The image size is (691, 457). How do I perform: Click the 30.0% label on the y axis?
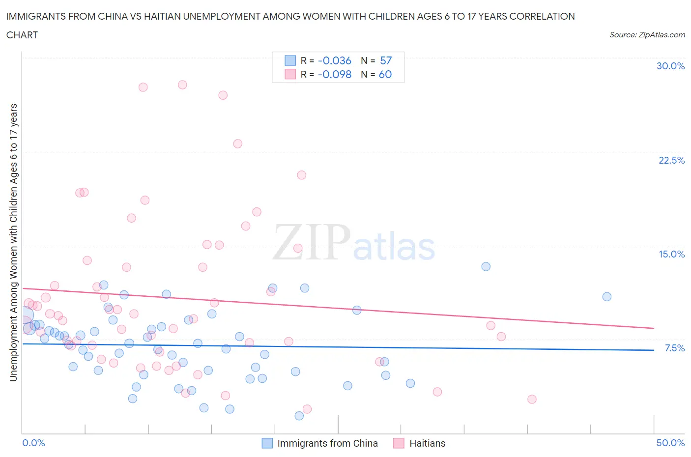[x=670, y=66]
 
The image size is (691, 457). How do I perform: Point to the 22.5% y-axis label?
[x=671, y=160]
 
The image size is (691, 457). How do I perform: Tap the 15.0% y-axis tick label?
[x=671, y=254]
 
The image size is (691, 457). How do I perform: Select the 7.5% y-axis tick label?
[x=674, y=348]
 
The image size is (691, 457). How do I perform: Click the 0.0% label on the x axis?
[x=33, y=443]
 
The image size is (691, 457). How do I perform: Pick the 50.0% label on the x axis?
[x=670, y=443]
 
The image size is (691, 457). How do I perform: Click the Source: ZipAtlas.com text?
[x=647, y=34]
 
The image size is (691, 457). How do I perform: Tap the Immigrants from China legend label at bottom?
[x=327, y=443]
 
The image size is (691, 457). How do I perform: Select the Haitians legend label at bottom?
[x=427, y=443]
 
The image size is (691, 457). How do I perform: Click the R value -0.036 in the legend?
[x=334, y=60]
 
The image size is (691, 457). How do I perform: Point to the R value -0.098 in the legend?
[x=334, y=74]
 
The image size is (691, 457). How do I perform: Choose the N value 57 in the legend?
[x=386, y=60]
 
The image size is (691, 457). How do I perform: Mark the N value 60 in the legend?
[x=385, y=74]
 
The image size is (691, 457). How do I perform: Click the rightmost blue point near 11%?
[x=607, y=296]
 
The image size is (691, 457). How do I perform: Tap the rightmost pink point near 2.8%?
[x=532, y=399]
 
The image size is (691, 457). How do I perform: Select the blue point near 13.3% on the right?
[x=486, y=266]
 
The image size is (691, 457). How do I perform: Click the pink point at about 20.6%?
[x=302, y=175]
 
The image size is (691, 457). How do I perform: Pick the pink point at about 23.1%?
[x=237, y=143]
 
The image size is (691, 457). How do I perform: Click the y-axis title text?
[x=13, y=242]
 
